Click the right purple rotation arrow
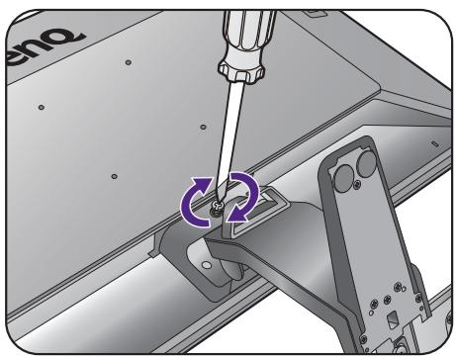[243, 195]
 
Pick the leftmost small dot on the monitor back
[40, 104]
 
